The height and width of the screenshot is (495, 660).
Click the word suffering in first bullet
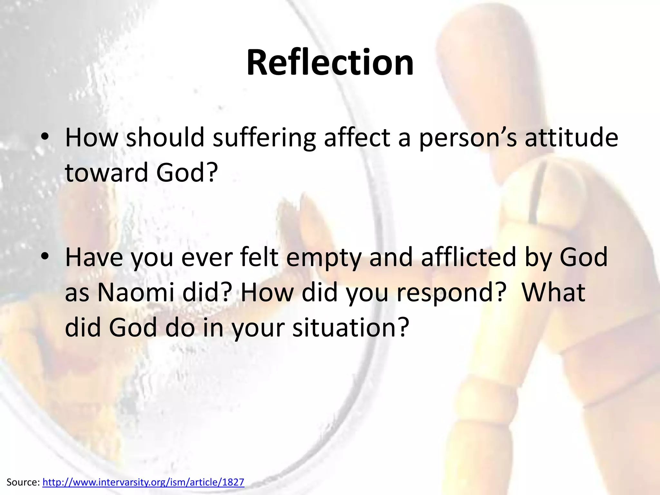(x=264, y=138)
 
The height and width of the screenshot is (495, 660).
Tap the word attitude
(x=571, y=138)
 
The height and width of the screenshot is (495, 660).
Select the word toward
(x=106, y=172)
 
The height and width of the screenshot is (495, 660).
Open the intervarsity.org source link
(x=143, y=482)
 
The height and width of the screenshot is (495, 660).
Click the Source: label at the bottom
(x=23, y=482)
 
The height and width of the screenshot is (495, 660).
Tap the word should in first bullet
(x=165, y=138)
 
